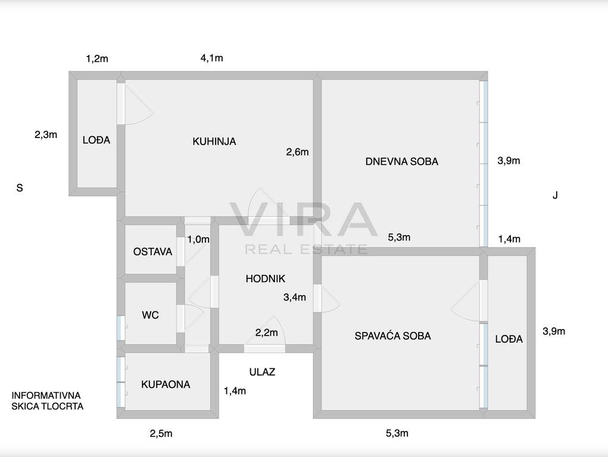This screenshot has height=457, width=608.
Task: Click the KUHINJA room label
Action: pyautogui.click(x=214, y=142)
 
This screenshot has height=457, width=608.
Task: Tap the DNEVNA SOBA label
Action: pyautogui.click(x=402, y=162)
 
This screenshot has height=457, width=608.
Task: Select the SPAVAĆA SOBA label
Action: pyautogui.click(x=393, y=336)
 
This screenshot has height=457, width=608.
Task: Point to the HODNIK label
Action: pyautogui.click(x=265, y=278)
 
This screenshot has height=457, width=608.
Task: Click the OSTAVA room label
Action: pyautogui.click(x=152, y=252)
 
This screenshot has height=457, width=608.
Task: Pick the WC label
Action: pyautogui.click(x=150, y=315)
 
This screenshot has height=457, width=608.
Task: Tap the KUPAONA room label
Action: pyautogui.click(x=166, y=384)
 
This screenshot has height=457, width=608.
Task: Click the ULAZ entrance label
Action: pyautogui.click(x=262, y=372)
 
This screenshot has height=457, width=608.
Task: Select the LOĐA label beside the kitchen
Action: pyautogui.click(x=96, y=140)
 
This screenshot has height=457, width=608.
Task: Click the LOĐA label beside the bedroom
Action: pyautogui.click(x=509, y=339)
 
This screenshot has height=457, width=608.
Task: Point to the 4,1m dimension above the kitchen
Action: pyautogui.click(x=212, y=58)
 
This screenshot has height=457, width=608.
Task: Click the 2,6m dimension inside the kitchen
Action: pyautogui.click(x=297, y=152)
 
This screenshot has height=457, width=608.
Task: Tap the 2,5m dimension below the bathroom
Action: pyautogui.click(x=161, y=433)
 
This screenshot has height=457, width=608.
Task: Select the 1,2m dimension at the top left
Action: pyautogui.click(x=97, y=59)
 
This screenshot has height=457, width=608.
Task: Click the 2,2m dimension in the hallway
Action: pyautogui.click(x=266, y=333)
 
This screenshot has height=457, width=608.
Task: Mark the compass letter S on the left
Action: pyautogui.click(x=20, y=188)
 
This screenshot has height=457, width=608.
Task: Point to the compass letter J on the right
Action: pyautogui.click(x=555, y=195)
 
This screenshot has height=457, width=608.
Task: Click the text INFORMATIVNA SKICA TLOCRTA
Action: pyautogui.click(x=47, y=401)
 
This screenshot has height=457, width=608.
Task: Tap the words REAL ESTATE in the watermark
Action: pyautogui.click(x=306, y=249)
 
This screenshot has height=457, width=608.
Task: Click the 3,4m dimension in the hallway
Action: pyautogui.click(x=295, y=298)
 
